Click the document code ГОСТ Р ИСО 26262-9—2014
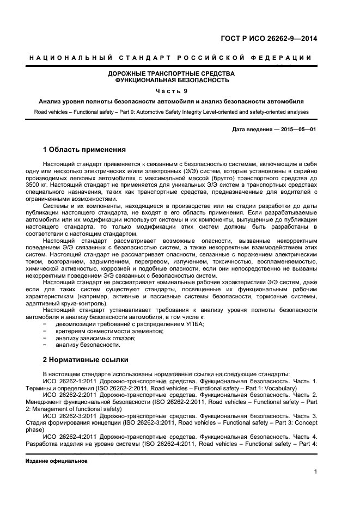coord(276,38)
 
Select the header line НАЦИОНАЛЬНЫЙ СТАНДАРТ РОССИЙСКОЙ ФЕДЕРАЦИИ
coord(170,58)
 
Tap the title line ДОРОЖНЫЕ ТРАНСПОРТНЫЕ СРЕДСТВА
coord(172,73)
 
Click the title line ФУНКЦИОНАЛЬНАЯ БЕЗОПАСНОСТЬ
coord(172,80)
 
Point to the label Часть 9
coord(172,91)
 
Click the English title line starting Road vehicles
coord(171,112)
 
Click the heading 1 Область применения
coord(84,149)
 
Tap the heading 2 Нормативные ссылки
coord(85,360)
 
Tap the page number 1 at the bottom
coord(315,472)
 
